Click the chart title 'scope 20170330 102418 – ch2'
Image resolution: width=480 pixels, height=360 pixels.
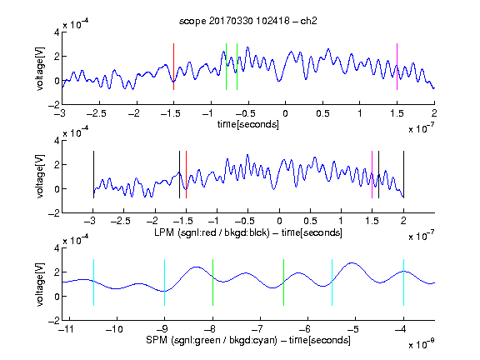pos(248,21)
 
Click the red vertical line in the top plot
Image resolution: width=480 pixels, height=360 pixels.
pos(173,67)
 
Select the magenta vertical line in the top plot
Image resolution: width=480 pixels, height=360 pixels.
pos(397,67)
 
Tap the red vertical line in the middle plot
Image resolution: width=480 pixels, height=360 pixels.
pos(186,174)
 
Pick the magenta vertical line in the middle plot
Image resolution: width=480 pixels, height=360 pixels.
pos(372,174)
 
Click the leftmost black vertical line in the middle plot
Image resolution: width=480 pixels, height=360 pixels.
pos(93,174)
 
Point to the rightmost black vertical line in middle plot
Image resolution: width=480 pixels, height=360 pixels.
pos(403,174)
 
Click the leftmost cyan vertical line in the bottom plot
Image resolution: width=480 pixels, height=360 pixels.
pos(93,282)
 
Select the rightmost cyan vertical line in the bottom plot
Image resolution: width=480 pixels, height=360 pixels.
pos(403,282)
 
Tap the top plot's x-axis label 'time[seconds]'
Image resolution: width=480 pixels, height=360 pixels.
pos(248,124)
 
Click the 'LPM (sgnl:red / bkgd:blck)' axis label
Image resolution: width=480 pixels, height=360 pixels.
pos(212,232)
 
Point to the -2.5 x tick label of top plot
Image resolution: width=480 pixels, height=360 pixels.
pos(96,113)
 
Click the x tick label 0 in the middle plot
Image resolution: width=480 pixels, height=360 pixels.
pos(279,221)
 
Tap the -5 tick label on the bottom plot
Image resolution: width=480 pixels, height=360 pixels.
pos(352,329)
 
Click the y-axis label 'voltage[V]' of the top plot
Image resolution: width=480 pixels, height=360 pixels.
pos(40,68)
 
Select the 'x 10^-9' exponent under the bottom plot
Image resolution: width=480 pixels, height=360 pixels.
pos(422,343)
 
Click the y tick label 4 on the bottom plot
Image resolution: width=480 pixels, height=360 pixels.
pos(57,248)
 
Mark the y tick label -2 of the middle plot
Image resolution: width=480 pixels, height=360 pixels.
pos(54,213)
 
